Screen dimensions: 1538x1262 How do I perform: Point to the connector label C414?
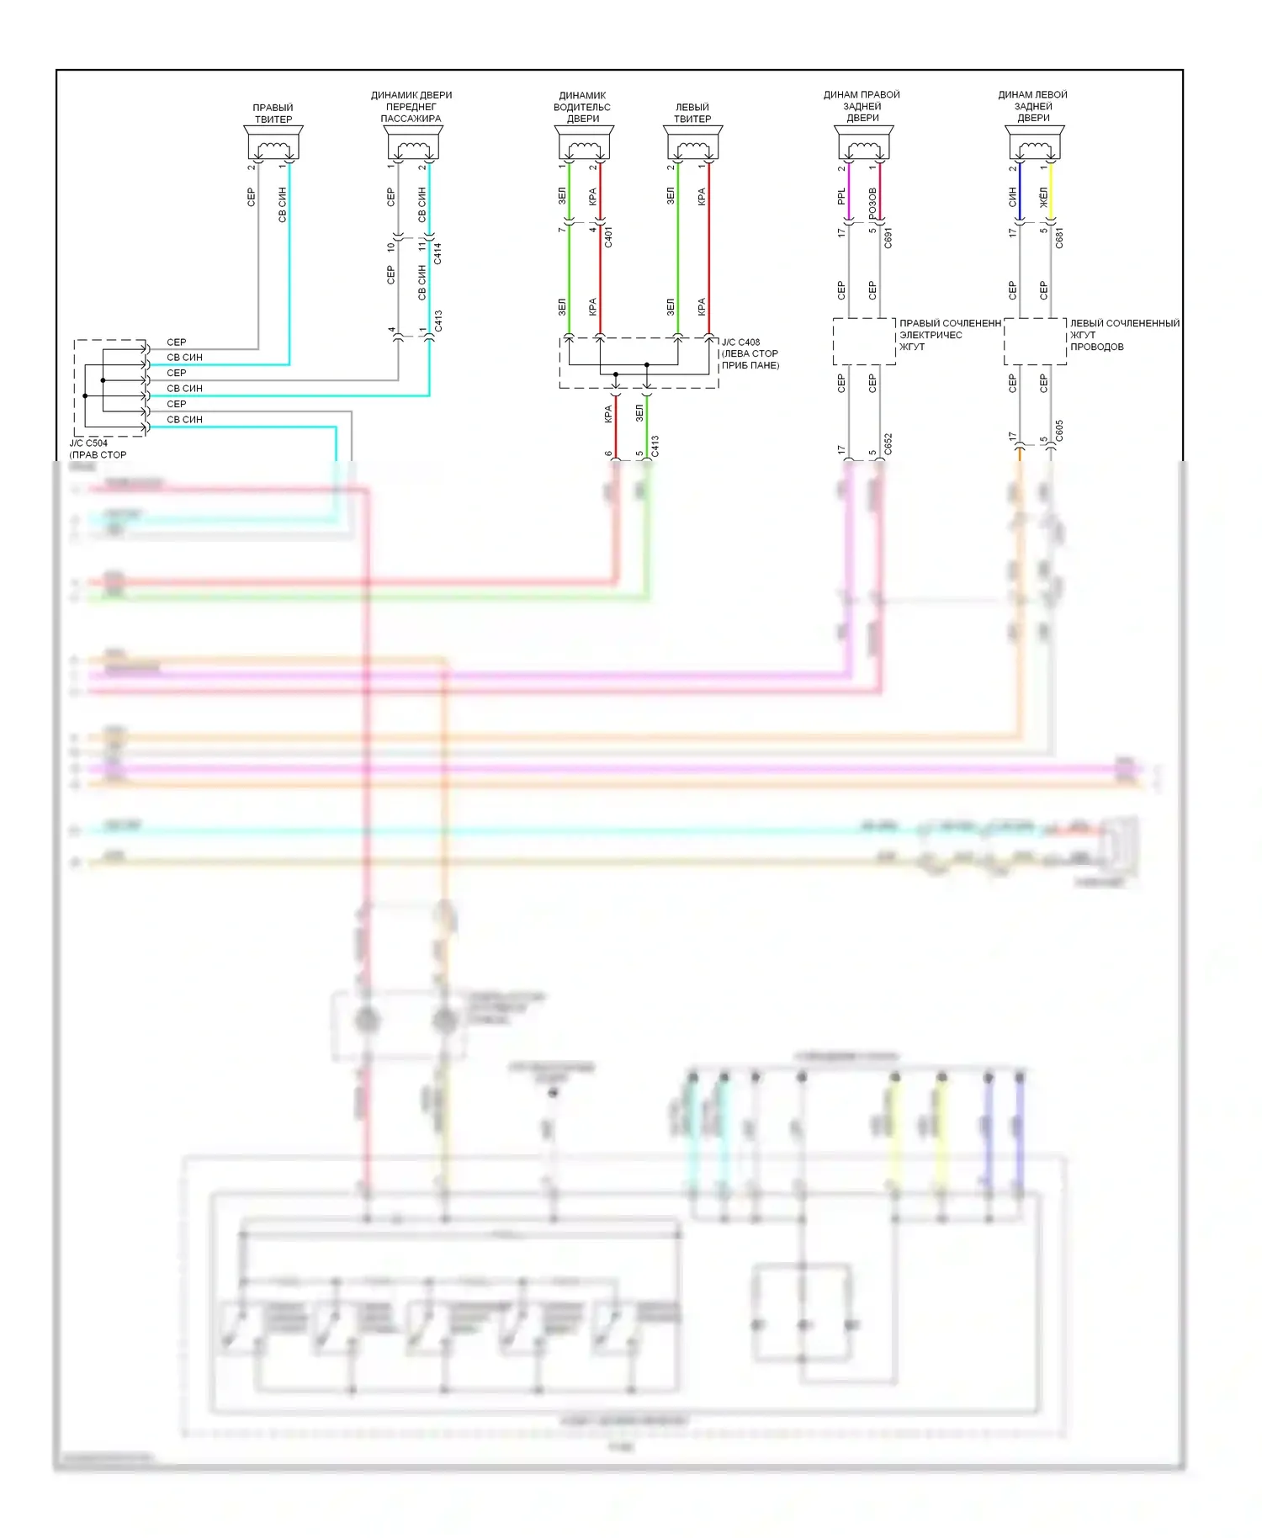pyautogui.click(x=438, y=253)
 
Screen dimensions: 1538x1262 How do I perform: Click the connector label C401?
pyautogui.click(x=608, y=236)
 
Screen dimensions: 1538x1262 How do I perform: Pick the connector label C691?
pyautogui.click(x=888, y=238)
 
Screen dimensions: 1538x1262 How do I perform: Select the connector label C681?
pyautogui.click(x=1059, y=238)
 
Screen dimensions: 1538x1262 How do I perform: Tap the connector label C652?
pyautogui.click(x=888, y=444)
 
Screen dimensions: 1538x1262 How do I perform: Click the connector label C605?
pyautogui.click(x=1059, y=431)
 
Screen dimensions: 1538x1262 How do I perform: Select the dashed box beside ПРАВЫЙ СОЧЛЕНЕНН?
pyautogui.click(x=864, y=341)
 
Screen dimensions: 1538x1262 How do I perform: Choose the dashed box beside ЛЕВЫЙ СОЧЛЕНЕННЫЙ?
pyautogui.click(x=1035, y=341)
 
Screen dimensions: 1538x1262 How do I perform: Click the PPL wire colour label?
pyautogui.click(x=842, y=197)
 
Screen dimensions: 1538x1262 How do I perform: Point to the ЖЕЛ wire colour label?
pyautogui.click(x=1043, y=199)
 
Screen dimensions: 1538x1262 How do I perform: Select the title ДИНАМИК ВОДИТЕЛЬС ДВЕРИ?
pyautogui.click(x=582, y=107)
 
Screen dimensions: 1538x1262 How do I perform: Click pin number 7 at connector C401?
pyautogui.click(x=562, y=230)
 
